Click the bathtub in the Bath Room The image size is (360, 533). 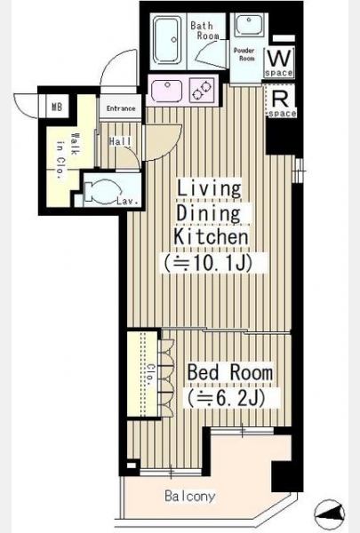166,39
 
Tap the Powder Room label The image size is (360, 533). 244,54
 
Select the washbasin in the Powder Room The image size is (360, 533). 249,25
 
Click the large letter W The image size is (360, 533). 279,59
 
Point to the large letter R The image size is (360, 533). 281,99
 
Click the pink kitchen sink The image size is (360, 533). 166,90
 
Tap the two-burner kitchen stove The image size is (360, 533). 202,90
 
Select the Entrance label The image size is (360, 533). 121,108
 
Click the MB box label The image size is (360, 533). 57,107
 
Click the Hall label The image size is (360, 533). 121,141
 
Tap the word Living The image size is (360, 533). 209,189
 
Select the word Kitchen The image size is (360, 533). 211,236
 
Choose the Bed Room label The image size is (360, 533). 230,372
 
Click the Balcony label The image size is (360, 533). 190,496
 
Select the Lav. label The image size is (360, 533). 128,201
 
